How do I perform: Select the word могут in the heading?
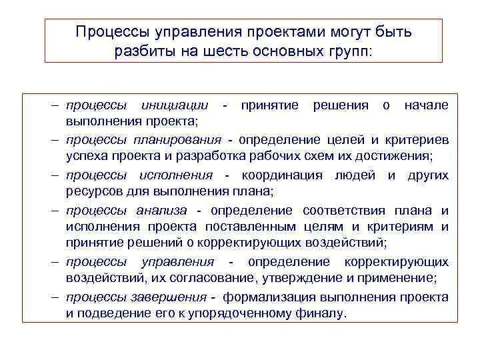point(323,32)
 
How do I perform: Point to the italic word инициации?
point(174,106)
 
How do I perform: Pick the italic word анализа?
point(162,211)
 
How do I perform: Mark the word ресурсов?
point(89,193)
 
